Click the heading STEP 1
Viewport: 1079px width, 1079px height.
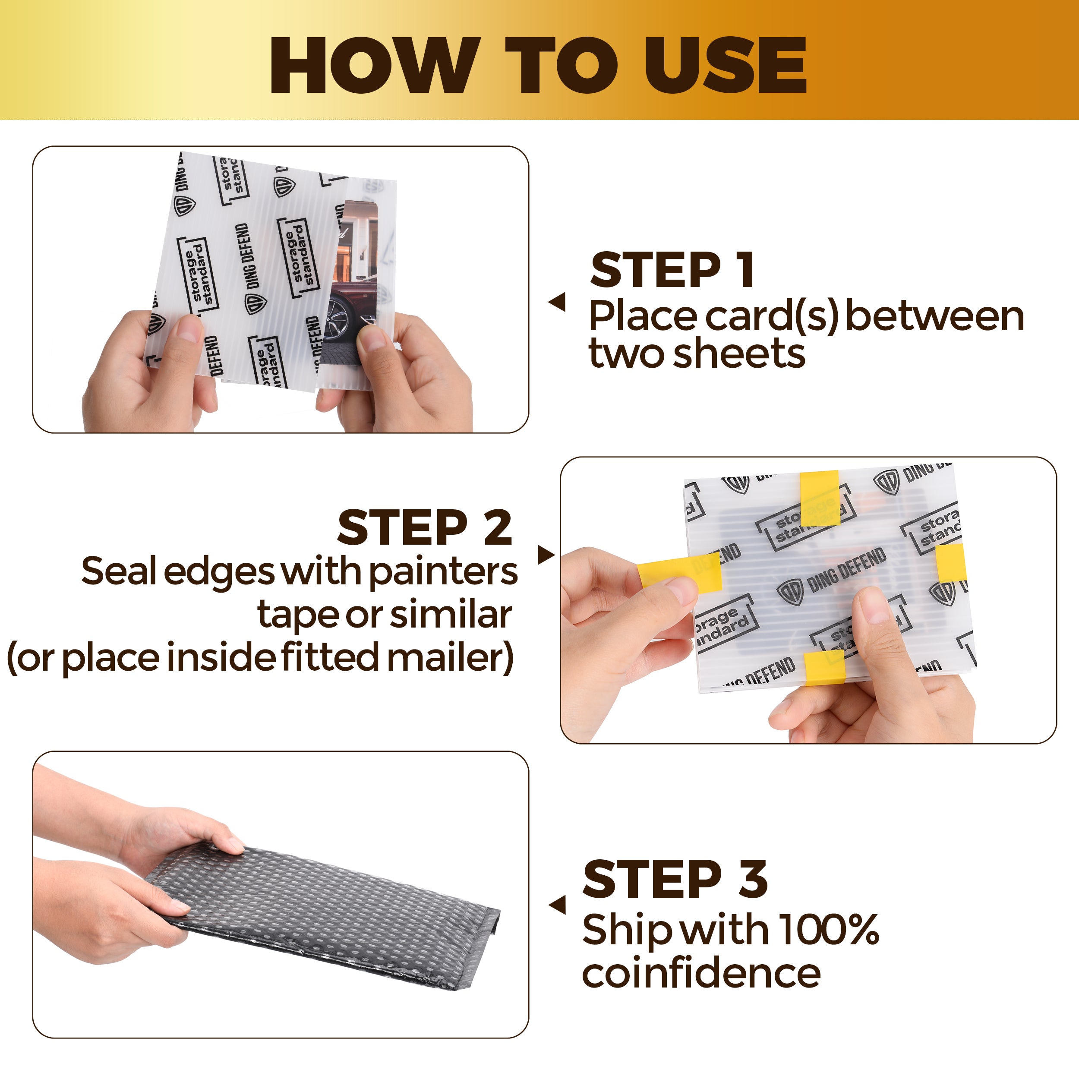tap(672, 270)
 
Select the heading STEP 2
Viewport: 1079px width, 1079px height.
tap(424, 527)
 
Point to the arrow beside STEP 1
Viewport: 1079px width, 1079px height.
tap(557, 302)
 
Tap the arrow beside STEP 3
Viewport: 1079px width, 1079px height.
tap(557, 904)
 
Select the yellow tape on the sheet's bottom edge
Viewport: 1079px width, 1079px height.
tap(824, 667)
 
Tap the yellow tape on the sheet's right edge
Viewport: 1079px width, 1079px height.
tap(950, 563)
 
